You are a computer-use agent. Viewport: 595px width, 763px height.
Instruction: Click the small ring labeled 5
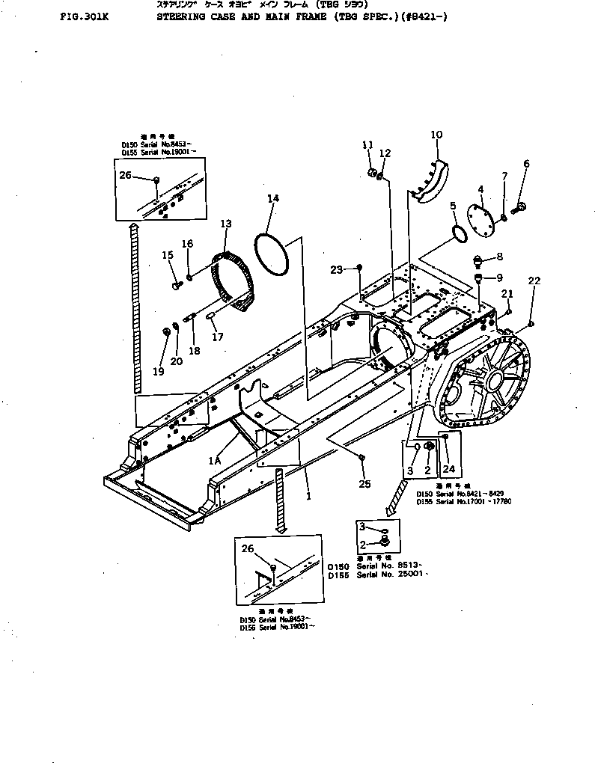tap(459, 233)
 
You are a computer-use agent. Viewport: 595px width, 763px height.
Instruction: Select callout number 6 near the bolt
tap(526, 164)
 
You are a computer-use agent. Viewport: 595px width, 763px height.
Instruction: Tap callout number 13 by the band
tap(226, 224)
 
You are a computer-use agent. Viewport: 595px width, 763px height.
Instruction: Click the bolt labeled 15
tap(175, 284)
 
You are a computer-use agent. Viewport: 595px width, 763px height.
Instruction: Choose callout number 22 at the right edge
tap(534, 281)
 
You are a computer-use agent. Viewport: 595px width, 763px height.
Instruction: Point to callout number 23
tap(336, 269)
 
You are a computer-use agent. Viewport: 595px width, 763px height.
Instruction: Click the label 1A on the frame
tap(214, 462)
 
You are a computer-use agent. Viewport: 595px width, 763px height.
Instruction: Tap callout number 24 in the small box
tap(449, 470)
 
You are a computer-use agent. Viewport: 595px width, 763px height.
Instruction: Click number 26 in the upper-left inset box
tap(125, 176)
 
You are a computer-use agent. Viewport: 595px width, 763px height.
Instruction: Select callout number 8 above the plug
tap(499, 257)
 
